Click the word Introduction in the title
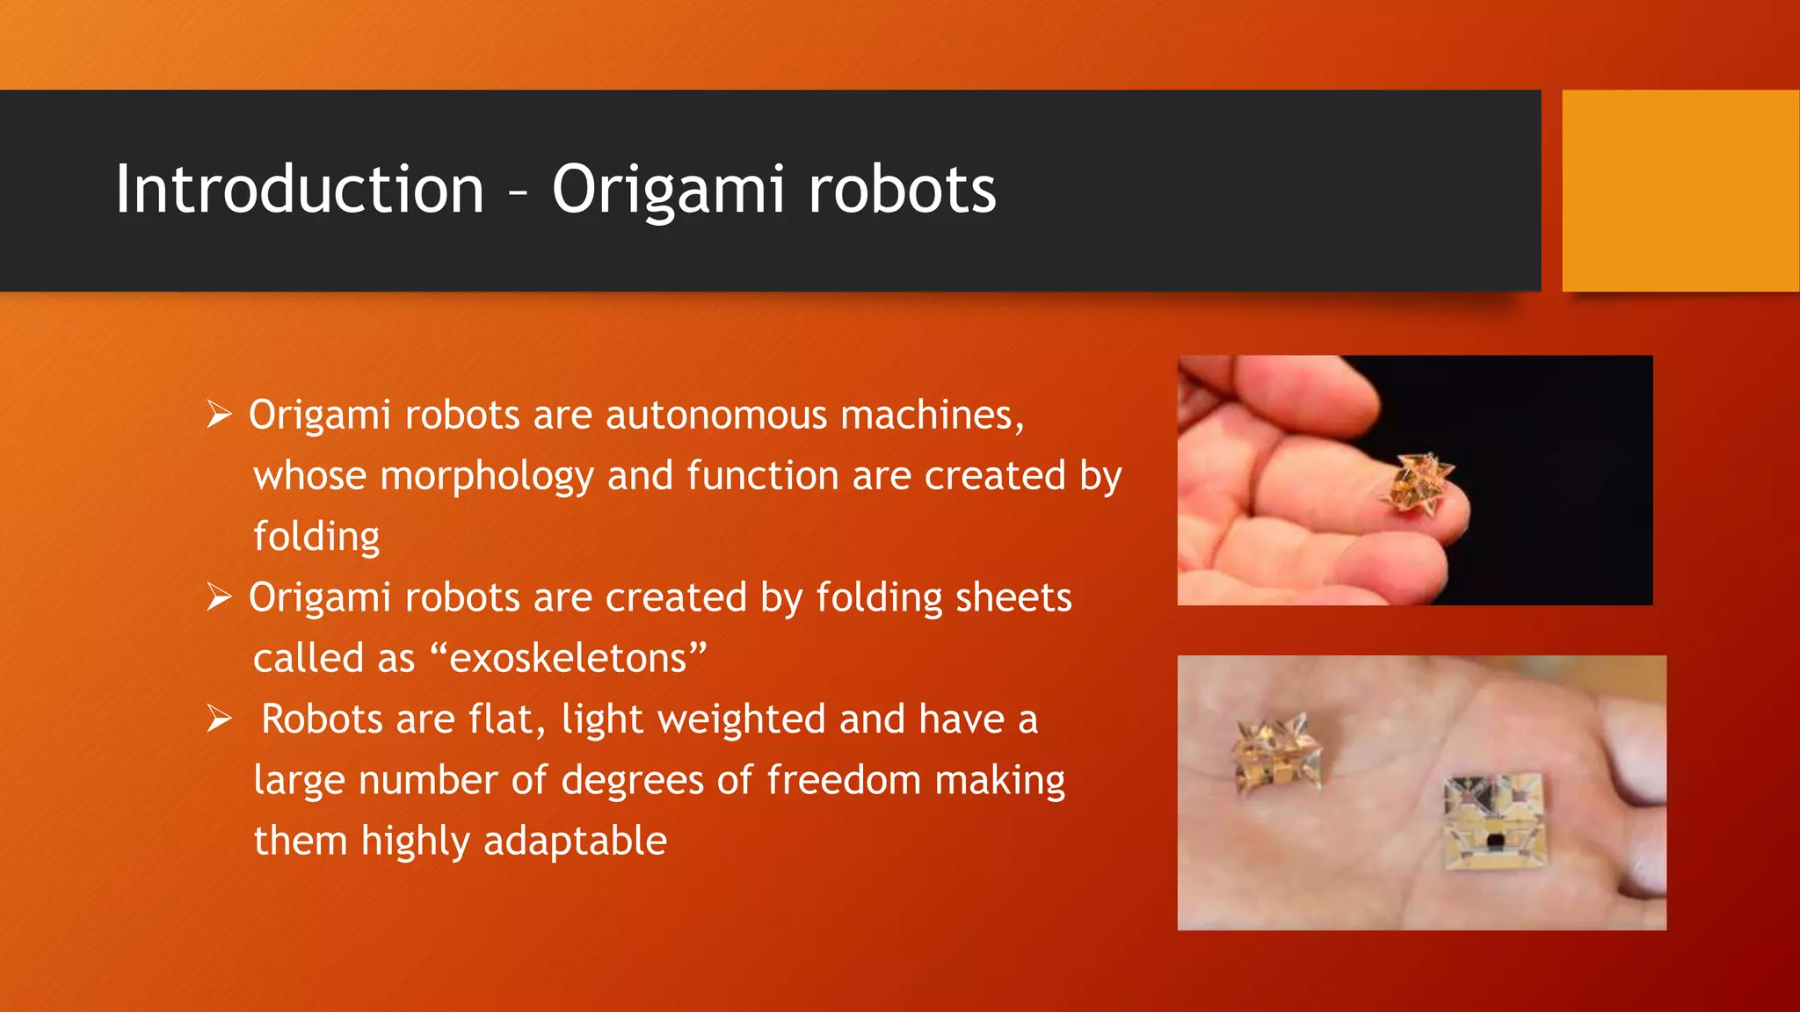click(x=300, y=190)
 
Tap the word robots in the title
click(x=902, y=190)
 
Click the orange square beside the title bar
click(x=1680, y=191)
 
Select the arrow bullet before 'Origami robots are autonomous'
click(x=219, y=414)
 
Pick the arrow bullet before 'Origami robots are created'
click(x=219, y=597)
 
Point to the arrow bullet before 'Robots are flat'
click(x=219, y=719)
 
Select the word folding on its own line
click(x=316, y=537)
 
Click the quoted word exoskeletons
click(x=569, y=658)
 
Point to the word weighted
click(x=742, y=719)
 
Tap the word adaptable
click(x=575, y=841)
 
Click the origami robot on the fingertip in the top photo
click(x=1418, y=484)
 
